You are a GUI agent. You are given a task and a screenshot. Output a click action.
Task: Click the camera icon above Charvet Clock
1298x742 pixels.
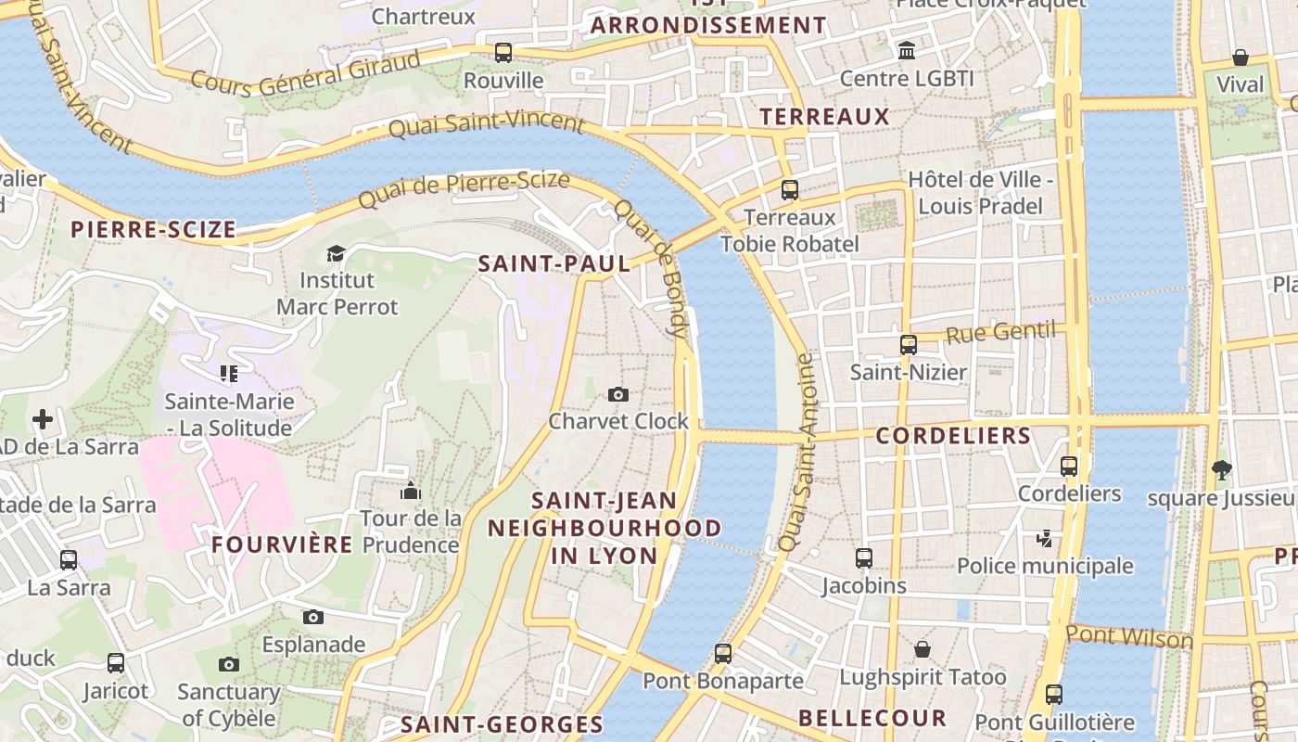pyautogui.click(x=618, y=394)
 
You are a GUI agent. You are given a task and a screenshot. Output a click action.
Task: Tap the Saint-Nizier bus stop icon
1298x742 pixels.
pyautogui.click(x=909, y=345)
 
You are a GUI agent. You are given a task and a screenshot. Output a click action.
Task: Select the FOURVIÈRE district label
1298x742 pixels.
pyautogui.click(x=282, y=544)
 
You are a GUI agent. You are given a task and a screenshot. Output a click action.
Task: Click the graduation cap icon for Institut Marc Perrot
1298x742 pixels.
pyautogui.click(x=337, y=253)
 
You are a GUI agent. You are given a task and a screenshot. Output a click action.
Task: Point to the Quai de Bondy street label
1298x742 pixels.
pyautogui.click(x=663, y=268)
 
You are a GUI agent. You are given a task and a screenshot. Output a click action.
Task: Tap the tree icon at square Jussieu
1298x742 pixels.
pyautogui.click(x=1222, y=470)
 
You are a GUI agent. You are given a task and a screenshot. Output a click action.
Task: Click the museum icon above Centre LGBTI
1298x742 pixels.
pyautogui.click(x=907, y=50)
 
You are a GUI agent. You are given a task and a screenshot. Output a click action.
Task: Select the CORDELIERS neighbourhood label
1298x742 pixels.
pyautogui.click(x=953, y=436)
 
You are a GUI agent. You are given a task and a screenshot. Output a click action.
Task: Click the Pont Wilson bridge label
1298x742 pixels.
pyautogui.click(x=1129, y=637)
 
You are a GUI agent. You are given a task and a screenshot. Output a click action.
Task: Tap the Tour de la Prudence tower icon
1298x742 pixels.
pyautogui.click(x=411, y=491)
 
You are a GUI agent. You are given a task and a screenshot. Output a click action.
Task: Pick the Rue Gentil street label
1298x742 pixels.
pyautogui.click(x=999, y=332)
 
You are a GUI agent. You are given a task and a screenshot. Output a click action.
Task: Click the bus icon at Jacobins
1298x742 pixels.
pyautogui.click(x=864, y=558)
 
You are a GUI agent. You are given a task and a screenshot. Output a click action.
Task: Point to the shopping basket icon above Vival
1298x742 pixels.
pyautogui.click(x=1241, y=58)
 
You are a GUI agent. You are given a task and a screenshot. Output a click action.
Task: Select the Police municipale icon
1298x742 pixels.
pyautogui.click(x=1045, y=538)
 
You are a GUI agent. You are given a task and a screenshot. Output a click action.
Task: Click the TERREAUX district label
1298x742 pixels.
pyautogui.click(x=824, y=117)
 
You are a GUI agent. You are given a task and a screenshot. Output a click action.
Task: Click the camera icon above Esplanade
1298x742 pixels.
pyautogui.click(x=313, y=617)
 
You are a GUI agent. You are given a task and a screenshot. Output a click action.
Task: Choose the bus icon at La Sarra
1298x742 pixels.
pyautogui.click(x=69, y=560)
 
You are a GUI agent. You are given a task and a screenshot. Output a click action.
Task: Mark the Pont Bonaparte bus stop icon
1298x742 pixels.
pyautogui.click(x=723, y=653)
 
